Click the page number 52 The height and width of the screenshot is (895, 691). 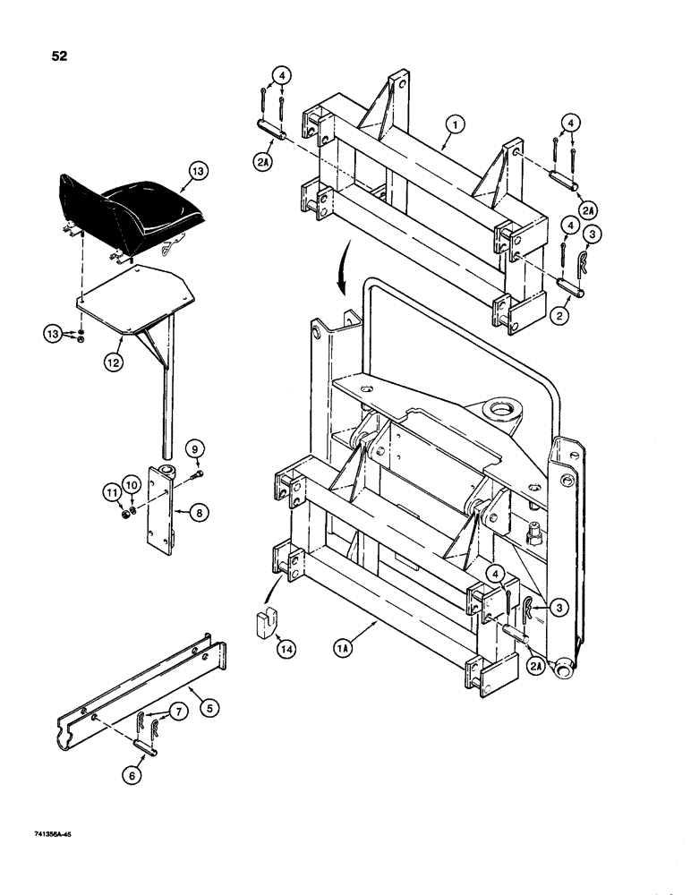[60, 56]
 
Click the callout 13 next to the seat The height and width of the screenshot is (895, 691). [196, 169]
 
